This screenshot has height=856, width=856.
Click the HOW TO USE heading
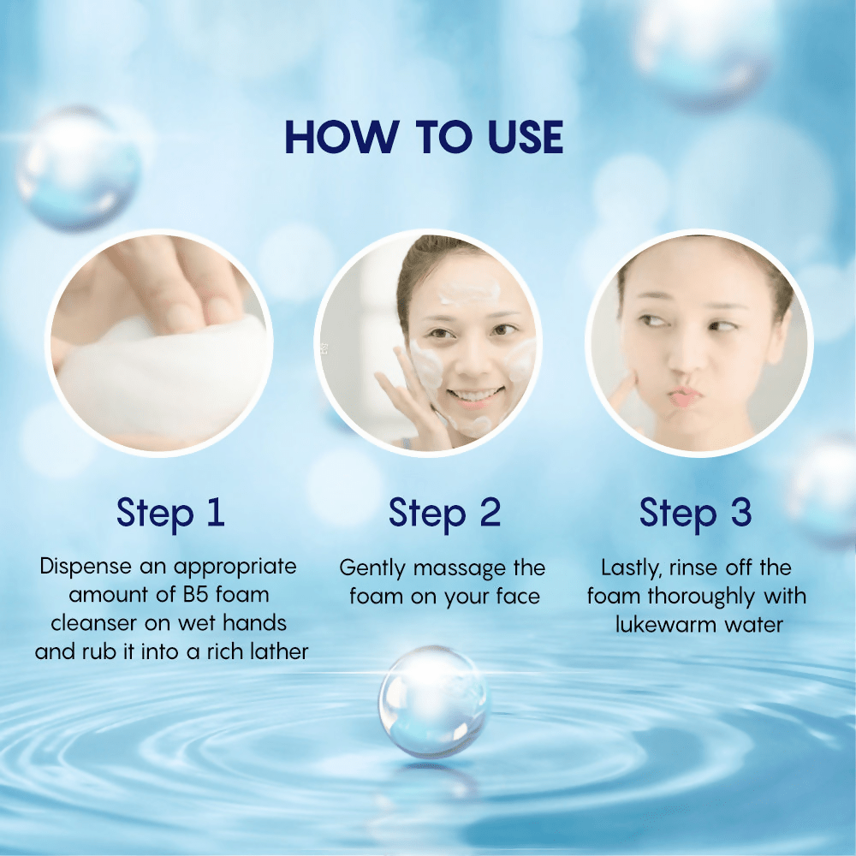[425, 138]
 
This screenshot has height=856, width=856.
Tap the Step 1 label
[170, 513]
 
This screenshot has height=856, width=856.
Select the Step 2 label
[444, 513]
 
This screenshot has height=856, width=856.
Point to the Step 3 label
[695, 513]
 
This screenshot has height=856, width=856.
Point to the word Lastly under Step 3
[632, 568]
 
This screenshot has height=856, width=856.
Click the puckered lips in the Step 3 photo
[686, 397]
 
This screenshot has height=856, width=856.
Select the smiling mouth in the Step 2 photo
[476, 395]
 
